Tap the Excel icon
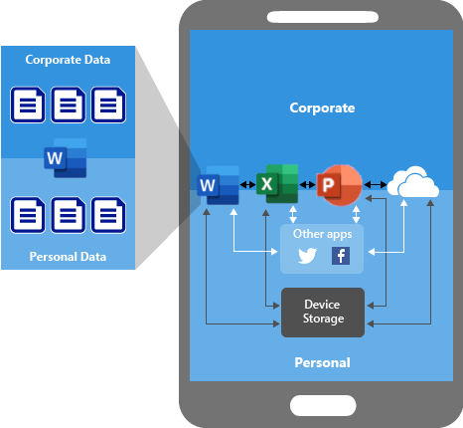(276, 184)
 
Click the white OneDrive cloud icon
(412, 184)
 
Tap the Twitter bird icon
(308, 256)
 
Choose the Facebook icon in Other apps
(340, 256)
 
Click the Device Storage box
(322, 312)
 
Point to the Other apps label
(322, 234)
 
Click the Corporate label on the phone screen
(322, 107)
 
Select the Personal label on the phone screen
(322, 362)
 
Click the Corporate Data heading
(69, 60)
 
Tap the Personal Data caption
(69, 257)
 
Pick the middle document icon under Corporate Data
(69, 105)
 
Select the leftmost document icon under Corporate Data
(28, 105)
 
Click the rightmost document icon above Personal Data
(108, 214)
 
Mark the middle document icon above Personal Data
(69, 214)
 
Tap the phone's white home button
(322, 405)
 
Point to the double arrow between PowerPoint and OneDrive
(377, 185)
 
